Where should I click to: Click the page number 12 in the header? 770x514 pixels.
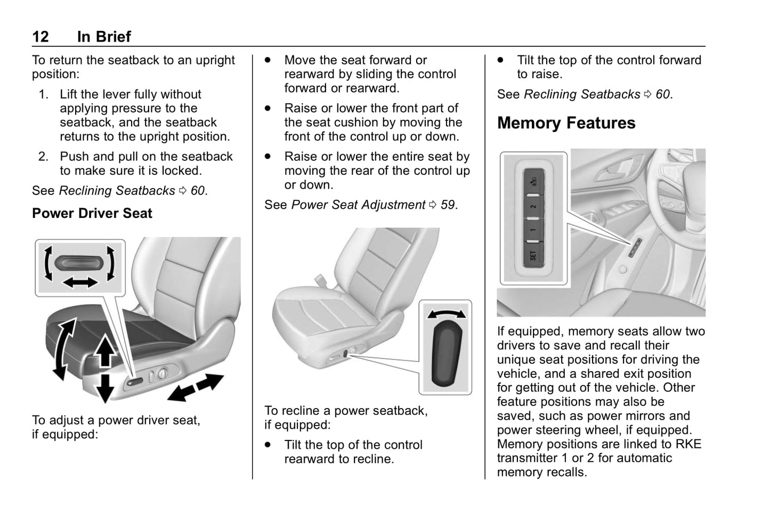(40, 37)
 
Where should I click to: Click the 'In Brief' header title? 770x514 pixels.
(104, 37)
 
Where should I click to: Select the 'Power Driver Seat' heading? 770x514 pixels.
(92, 214)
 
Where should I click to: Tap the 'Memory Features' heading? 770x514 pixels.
(566, 123)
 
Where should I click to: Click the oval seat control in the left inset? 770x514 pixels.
(80, 263)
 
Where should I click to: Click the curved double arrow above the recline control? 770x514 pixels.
(446, 314)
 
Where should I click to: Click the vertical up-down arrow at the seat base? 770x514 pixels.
(106, 369)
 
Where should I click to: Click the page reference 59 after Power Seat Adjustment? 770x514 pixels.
(448, 205)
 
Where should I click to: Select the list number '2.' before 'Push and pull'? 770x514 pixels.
(44, 157)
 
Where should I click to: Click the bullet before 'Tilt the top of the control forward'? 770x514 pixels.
(500, 60)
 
